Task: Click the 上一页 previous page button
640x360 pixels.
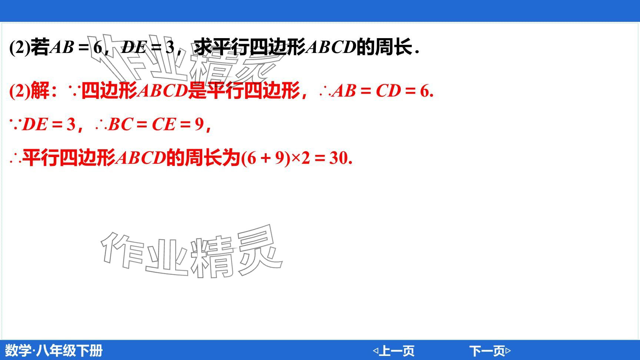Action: point(393,350)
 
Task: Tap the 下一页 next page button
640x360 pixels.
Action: point(490,350)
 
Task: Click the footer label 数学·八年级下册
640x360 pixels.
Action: point(54,350)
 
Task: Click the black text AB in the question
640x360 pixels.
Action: point(62,47)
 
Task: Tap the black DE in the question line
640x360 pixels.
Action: point(134,47)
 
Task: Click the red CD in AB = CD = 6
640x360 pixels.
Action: point(388,91)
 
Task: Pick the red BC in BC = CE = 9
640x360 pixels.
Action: point(120,124)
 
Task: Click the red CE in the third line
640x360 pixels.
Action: point(163,124)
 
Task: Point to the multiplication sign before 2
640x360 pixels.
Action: point(296,159)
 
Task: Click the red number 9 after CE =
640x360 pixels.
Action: point(199,124)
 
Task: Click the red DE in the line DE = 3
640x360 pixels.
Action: point(34,124)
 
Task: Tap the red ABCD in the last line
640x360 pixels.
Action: point(141,158)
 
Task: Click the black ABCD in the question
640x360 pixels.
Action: point(331,47)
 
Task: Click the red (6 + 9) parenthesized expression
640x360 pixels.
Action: point(266,158)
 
